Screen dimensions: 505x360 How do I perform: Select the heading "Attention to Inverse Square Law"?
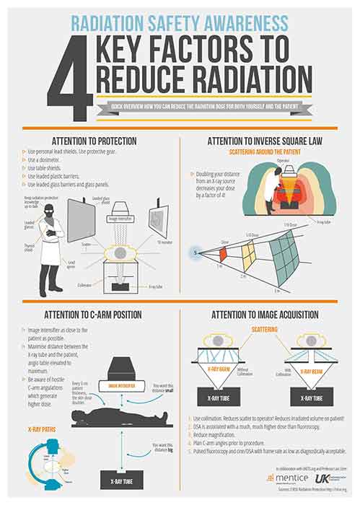(x=268, y=141)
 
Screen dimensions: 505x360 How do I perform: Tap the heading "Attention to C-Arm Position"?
(x=91, y=315)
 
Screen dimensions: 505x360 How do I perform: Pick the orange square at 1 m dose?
(x=223, y=253)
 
